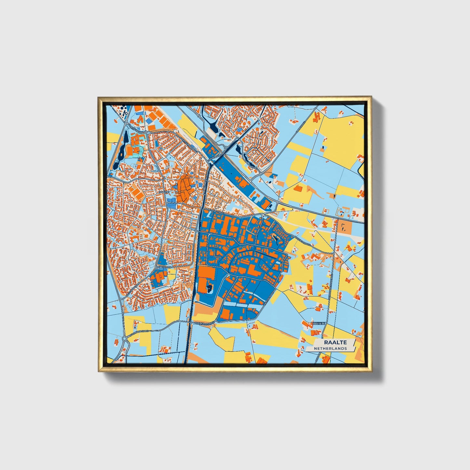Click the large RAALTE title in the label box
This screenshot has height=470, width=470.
(x=335, y=342)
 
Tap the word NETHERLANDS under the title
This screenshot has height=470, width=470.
(x=330, y=348)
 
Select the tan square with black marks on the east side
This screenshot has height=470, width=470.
(x=342, y=226)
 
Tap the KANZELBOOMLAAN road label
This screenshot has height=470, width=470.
(x=221, y=156)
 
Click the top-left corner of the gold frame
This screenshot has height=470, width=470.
(x=99, y=97)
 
